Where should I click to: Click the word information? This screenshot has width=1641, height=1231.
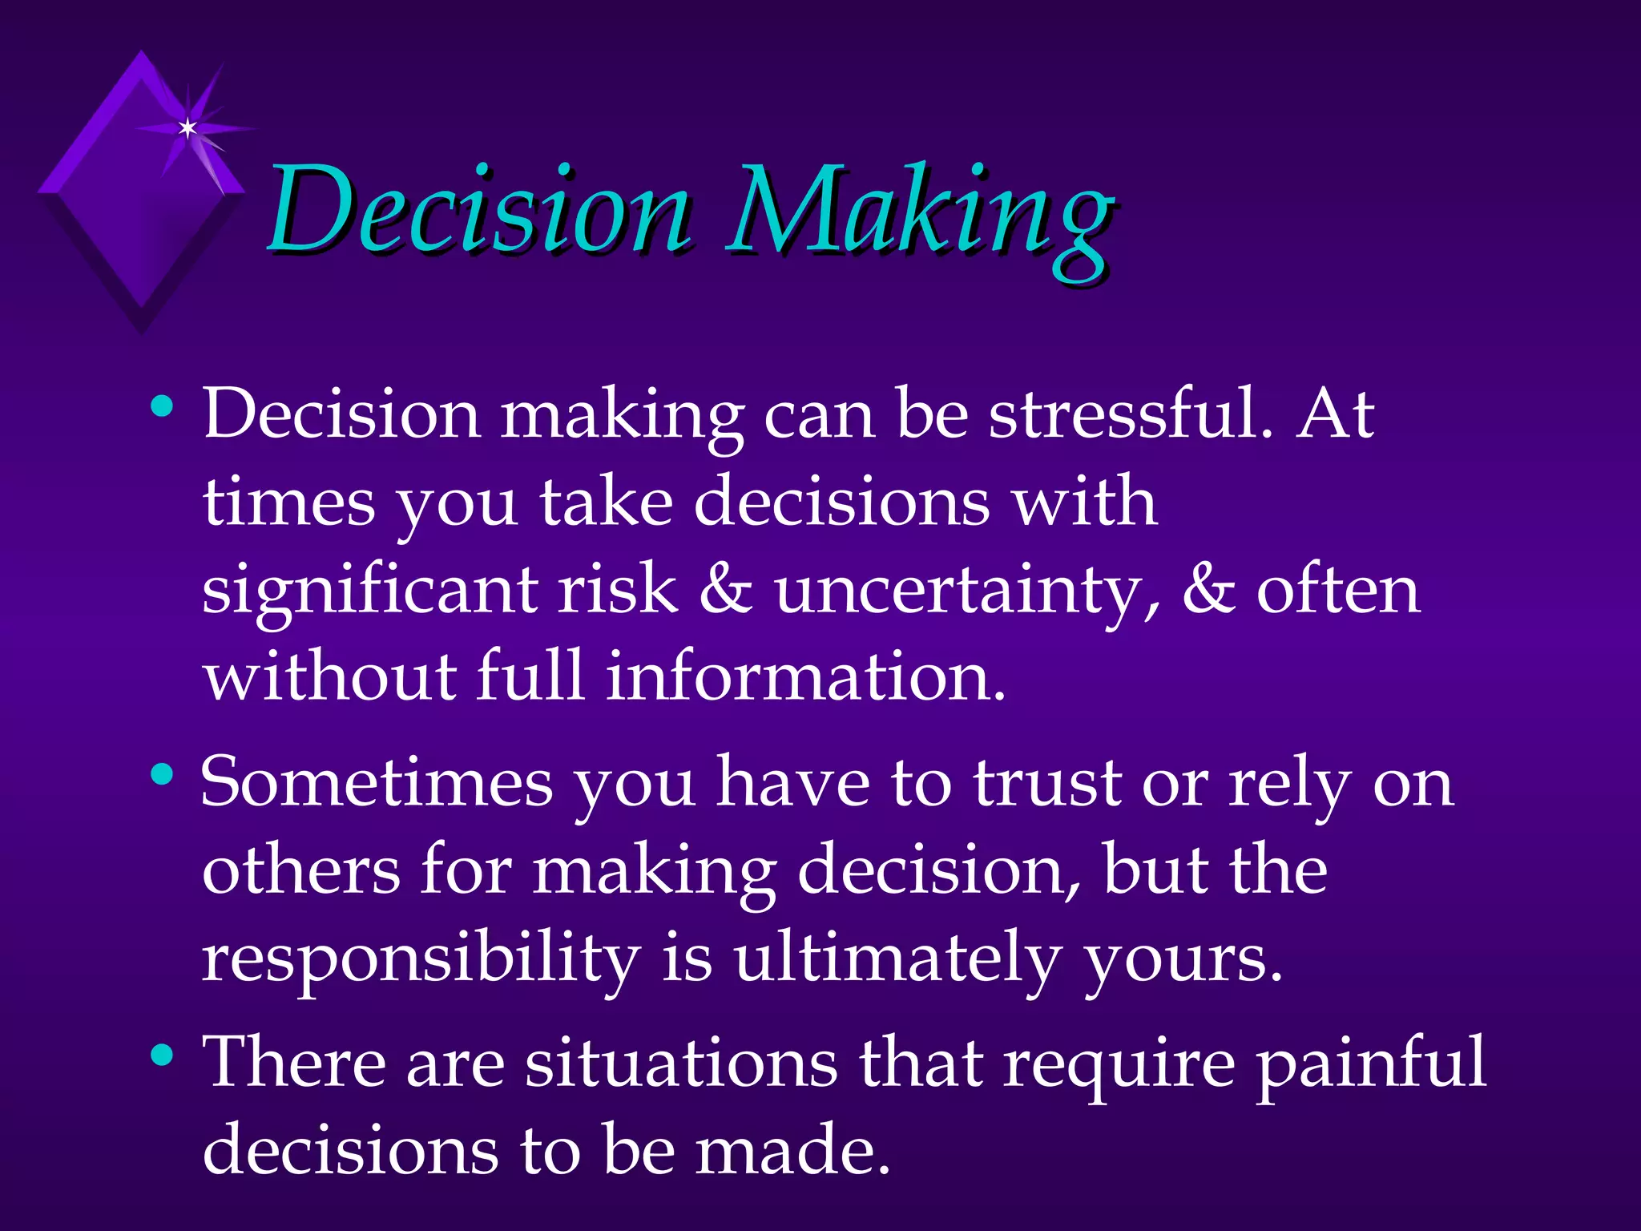tap(804, 678)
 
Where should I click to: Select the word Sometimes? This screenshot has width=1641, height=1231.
tap(377, 784)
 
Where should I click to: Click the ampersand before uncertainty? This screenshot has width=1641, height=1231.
tap(726, 591)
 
